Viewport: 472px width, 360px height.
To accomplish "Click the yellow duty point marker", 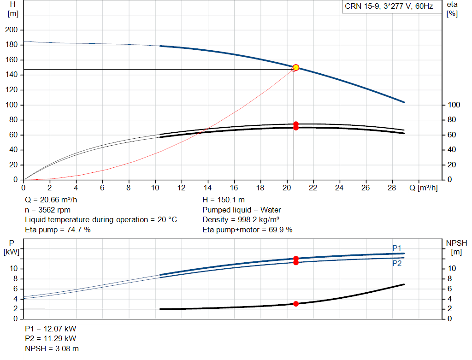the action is click(296, 67).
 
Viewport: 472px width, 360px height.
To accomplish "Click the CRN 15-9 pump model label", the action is click(389, 6).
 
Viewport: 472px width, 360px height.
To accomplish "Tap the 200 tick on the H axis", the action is click(12, 30).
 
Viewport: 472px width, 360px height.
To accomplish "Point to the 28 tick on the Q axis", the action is click(392, 188).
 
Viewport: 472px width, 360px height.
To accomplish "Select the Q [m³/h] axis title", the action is click(424, 188).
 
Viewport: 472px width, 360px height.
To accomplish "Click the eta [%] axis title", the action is click(452, 9).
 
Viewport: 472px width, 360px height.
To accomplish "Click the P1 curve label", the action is click(397, 248).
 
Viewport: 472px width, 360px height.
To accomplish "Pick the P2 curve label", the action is click(397, 263).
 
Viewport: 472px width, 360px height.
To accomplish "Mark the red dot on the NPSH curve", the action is click(296, 304).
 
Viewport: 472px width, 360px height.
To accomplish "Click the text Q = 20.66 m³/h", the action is click(51, 200).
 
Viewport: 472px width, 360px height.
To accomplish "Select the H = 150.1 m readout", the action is click(224, 200).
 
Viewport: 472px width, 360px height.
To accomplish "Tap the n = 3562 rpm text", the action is click(47, 210).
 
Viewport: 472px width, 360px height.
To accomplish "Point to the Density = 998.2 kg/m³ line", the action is click(241, 220).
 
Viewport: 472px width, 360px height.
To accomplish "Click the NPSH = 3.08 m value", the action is click(52, 348).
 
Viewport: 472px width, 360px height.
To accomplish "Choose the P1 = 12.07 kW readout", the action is click(51, 329).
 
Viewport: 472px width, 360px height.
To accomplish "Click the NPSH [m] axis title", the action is click(456, 248).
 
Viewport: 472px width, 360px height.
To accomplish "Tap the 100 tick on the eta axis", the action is click(454, 105).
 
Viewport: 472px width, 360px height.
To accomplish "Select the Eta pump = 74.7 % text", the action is click(58, 230).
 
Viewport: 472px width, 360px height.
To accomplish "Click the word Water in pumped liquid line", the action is click(271, 210).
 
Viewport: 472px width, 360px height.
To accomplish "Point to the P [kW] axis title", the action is click(12, 248).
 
